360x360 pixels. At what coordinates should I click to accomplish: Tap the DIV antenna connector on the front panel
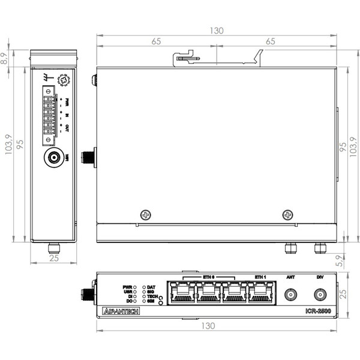pos(319,295)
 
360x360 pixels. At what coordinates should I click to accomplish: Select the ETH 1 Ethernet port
pos(260,293)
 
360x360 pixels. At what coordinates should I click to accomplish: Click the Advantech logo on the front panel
pos(121,311)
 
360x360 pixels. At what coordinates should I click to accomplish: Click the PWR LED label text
pos(127,287)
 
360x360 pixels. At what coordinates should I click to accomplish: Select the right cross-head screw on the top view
pos(289,215)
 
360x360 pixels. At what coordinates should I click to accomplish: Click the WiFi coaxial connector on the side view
pos(53,158)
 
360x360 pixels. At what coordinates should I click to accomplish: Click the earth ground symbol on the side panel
pos(46,77)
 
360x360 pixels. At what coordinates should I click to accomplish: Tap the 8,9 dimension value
pos(5,58)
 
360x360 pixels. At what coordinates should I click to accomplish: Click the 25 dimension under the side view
pos(53,259)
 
